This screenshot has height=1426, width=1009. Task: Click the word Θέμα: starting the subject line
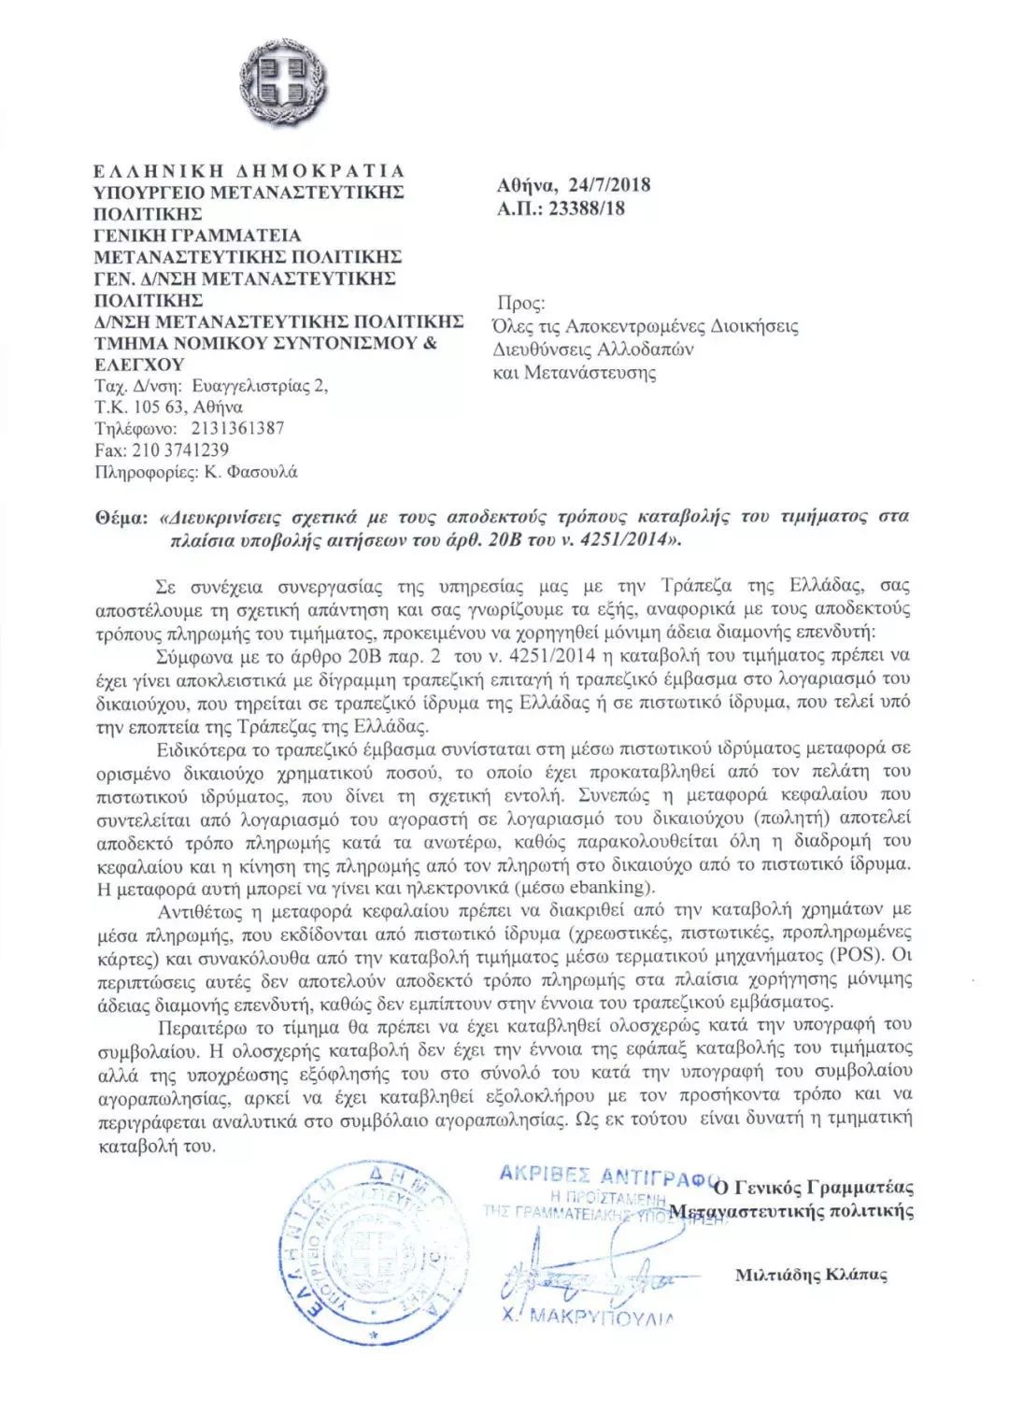coord(122,517)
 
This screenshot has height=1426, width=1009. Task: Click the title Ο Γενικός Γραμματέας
coord(812,1188)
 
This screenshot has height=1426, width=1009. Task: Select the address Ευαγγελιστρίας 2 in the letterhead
coord(259,386)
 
